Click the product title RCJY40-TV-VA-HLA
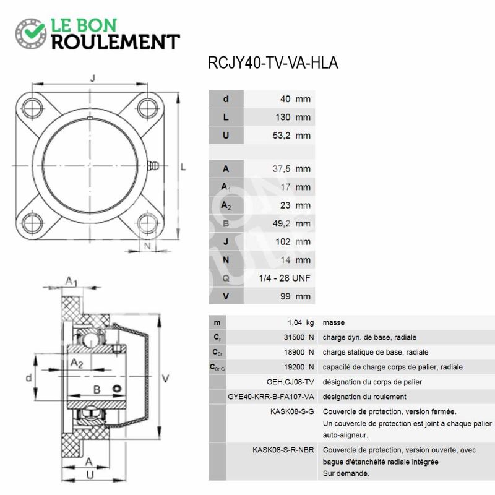(x=273, y=62)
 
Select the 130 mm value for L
(x=293, y=117)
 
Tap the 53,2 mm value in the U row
(x=291, y=136)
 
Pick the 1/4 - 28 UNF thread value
(x=285, y=278)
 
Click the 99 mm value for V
(x=295, y=296)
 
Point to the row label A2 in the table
(x=226, y=205)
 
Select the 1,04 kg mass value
(x=301, y=322)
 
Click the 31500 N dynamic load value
(x=299, y=337)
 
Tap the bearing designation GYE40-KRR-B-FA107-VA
(x=271, y=397)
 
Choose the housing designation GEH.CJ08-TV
(x=290, y=382)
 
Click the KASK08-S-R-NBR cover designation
(x=283, y=450)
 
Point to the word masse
(x=334, y=322)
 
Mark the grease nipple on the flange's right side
(x=153, y=165)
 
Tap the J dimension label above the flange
(x=92, y=78)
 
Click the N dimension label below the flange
(x=147, y=246)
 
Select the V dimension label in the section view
(x=165, y=378)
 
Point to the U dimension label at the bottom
(x=90, y=475)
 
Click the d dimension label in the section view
(x=28, y=377)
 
